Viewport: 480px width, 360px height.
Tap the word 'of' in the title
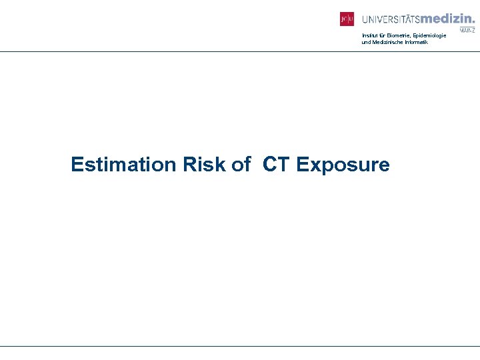click(x=241, y=164)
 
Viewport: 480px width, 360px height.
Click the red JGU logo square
click(x=347, y=19)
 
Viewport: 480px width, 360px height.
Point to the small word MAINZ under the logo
click(x=467, y=30)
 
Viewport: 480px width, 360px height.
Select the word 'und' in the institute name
click(x=365, y=42)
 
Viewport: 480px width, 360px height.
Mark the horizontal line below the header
click(x=240, y=51)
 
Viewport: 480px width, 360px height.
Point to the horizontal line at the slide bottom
click(x=240, y=346)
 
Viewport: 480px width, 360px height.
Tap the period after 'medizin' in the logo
click(x=473, y=23)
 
